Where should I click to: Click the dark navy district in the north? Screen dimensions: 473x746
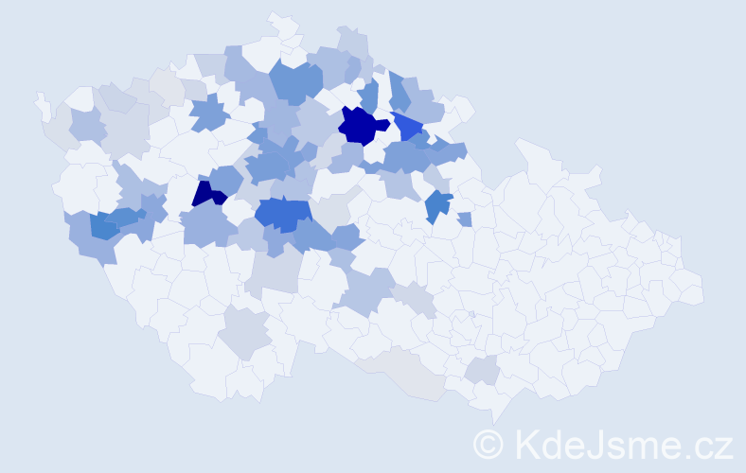pos(362,126)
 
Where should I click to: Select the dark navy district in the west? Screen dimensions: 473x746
pos(206,194)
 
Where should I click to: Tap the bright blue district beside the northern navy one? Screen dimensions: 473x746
pos(408,125)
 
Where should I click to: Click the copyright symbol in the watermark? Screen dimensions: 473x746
pos(488,444)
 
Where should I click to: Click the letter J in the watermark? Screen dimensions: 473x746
pos(597,444)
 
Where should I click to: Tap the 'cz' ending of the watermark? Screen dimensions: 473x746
pos(716,444)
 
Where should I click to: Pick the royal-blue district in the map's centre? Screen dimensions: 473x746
pos(282,215)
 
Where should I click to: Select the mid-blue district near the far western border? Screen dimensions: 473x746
pos(103,224)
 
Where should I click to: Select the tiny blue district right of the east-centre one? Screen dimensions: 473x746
pos(464,219)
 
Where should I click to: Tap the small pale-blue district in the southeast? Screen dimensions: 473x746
pos(484,371)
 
